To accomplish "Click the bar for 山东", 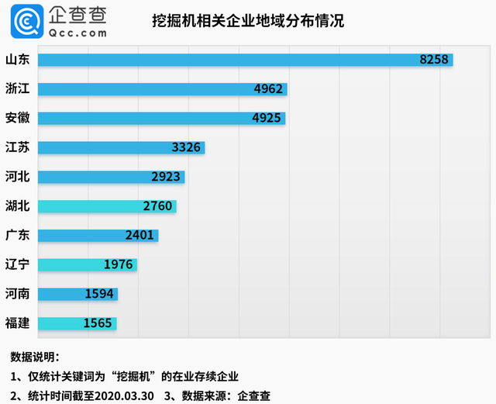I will point(232,60).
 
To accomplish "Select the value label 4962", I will point(269,89).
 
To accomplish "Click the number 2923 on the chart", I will point(167,177).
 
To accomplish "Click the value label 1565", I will point(99,323).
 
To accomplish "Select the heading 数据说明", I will point(35,357).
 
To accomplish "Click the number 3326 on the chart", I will point(188,148).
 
